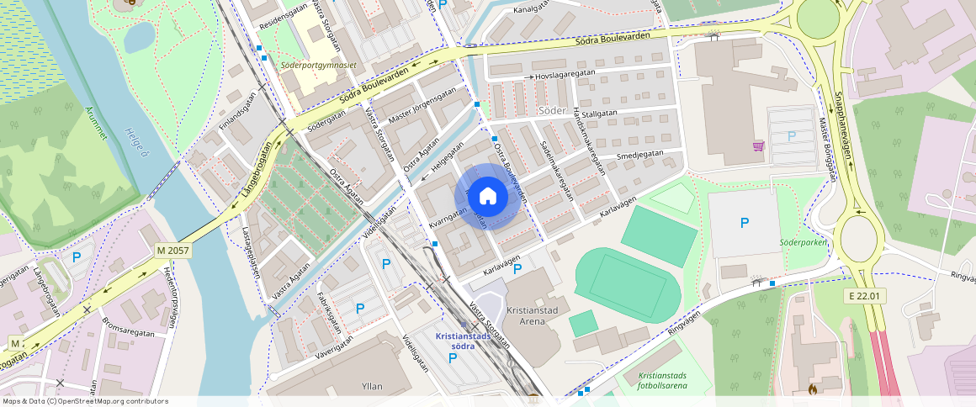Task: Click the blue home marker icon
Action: click(x=487, y=197)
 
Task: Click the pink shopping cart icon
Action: click(x=759, y=145)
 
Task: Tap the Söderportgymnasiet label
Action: click(x=329, y=63)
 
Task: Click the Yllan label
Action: click(x=370, y=386)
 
